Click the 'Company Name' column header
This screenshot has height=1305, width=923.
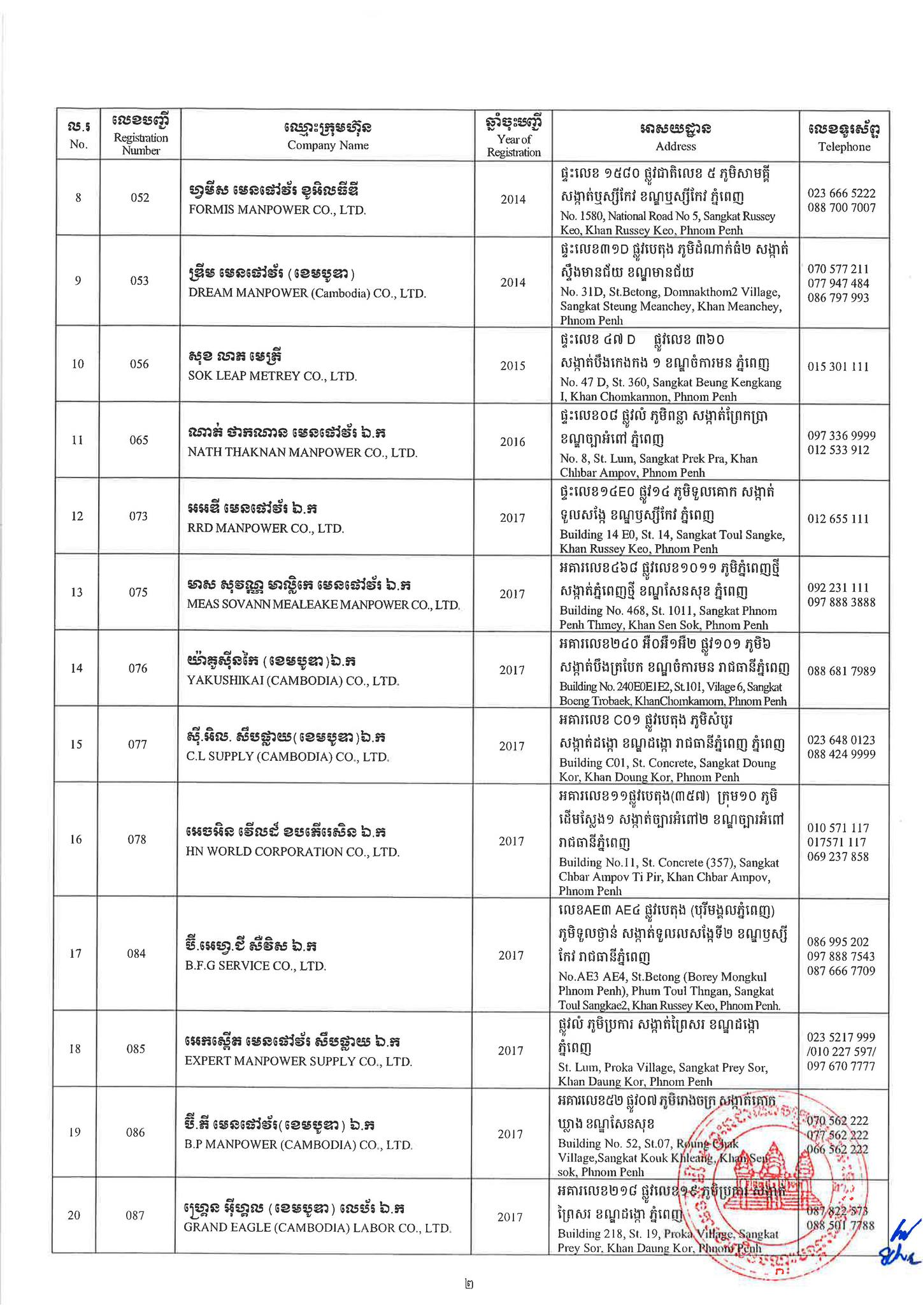coord(327,145)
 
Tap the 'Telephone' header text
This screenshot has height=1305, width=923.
coord(844,147)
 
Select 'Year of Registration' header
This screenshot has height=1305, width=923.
coord(513,145)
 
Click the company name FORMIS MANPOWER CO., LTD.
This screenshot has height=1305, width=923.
coord(277,210)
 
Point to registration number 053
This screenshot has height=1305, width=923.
coord(140,281)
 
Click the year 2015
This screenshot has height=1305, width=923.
coord(513,366)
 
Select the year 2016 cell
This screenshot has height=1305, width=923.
coord(513,442)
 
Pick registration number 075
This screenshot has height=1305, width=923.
coord(138,592)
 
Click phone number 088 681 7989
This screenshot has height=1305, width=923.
coord(841,671)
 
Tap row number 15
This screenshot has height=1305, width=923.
coord(76,744)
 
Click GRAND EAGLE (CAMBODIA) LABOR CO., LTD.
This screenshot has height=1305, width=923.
coord(317,1227)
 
